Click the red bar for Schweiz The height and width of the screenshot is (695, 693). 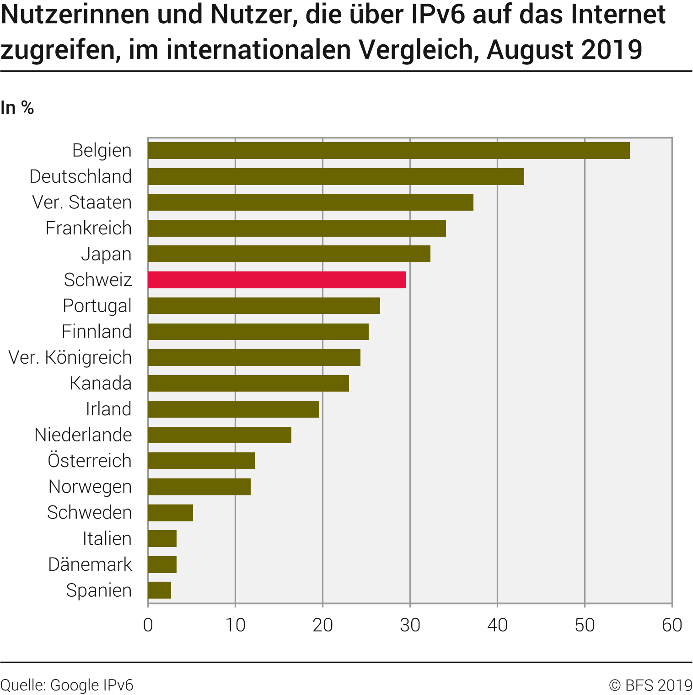(x=277, y=280)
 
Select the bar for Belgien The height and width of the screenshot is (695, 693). (x=389, y=150)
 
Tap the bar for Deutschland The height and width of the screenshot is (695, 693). (x=336, y=176)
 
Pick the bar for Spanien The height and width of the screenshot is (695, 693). (x=160, y=590)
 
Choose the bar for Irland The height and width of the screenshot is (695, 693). (x=234, y=409)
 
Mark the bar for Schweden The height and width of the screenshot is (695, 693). (x=171, y=513)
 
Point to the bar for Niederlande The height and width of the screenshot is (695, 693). (x=220, y=435)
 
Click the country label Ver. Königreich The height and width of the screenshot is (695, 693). (x=70, y=357)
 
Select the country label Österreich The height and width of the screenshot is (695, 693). (x=90, y=461)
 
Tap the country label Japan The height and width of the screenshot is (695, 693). (x=106, y=254)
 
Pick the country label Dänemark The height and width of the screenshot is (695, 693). (x=90, y=564)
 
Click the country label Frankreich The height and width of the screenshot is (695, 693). (x=89, y=228)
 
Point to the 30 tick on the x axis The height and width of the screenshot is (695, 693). (x=410, y=625)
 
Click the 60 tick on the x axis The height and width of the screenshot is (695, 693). (x=672, y=625)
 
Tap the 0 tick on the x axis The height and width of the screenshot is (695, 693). (x=148, y=625)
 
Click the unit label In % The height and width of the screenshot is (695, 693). (x=17, y=108)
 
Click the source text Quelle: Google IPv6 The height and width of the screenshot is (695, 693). (x=67, y=685)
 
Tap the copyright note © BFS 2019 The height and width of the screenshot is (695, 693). (x=650, y=685)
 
